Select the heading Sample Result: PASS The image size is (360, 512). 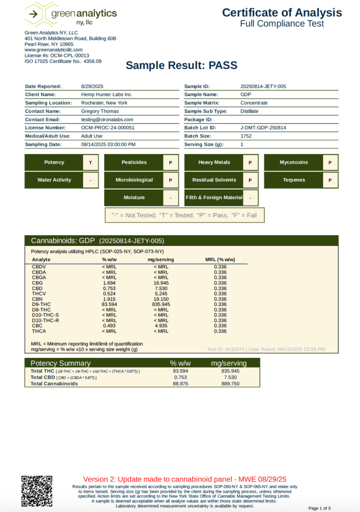pyautogui.click(x=181, y=65)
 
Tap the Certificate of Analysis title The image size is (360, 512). pyautogui.click(x=282, y=13)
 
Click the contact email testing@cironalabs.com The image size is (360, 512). pyautogui.click(x=107, y=119)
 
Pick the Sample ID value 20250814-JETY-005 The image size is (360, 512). pyautogui.click(x=263, y=86)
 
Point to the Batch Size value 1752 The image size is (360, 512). pyautogui.click(x=246, y=136)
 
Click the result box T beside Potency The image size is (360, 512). pyautogui.click(x=90, y=162)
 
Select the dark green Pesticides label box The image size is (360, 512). pyautogui.click(x=133, y=162)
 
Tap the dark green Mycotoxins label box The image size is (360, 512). pyautogui.click(x=293, y=162)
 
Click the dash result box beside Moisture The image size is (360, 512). pyautogui.click(x=170, y=197)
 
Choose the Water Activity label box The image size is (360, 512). pyautogui.click(x=54, y=180)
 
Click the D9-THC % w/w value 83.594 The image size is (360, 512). pyautogui.click(x=109, y=304)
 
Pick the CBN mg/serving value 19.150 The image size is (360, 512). pyautogui.click(x=161, y=298)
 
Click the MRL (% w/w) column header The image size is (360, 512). pyautogui.click(x=220, y=260)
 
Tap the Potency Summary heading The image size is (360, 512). pyautogui.click(x=60, y=363)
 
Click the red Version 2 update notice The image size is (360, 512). pyautogui.click(x=184, y=478)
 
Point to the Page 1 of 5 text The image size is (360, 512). pyautogui.click(x=319, y=508)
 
